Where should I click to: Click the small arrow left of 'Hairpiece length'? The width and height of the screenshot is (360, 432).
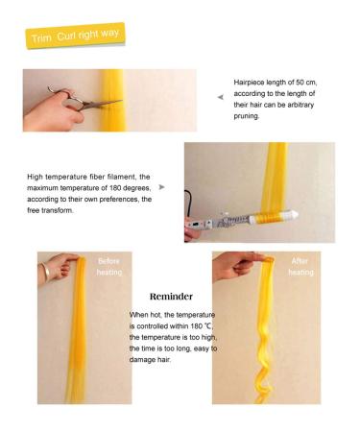click(220, 96)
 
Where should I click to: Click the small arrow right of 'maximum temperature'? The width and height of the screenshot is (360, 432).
click(161, 187)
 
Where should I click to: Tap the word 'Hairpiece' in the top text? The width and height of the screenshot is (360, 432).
click(252, 83)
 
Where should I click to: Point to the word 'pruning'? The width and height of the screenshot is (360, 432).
click(249, 117)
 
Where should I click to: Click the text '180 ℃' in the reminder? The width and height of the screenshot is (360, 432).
click(200, 325)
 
